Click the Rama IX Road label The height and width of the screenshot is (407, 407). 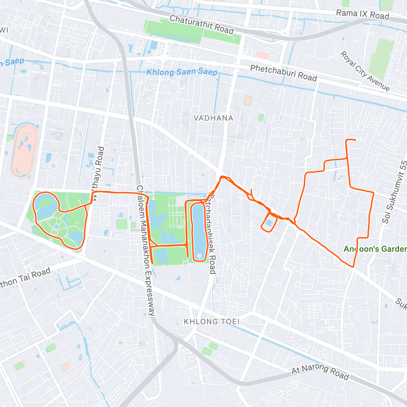362,15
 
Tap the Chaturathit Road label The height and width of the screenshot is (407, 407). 201,24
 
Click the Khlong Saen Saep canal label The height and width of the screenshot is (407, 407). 182,72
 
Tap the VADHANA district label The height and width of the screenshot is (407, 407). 213,118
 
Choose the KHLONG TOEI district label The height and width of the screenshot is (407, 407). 212,321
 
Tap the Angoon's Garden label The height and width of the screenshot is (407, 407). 375,249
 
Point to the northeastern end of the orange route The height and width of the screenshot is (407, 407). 354,140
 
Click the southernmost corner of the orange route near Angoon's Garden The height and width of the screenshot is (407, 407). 353,267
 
